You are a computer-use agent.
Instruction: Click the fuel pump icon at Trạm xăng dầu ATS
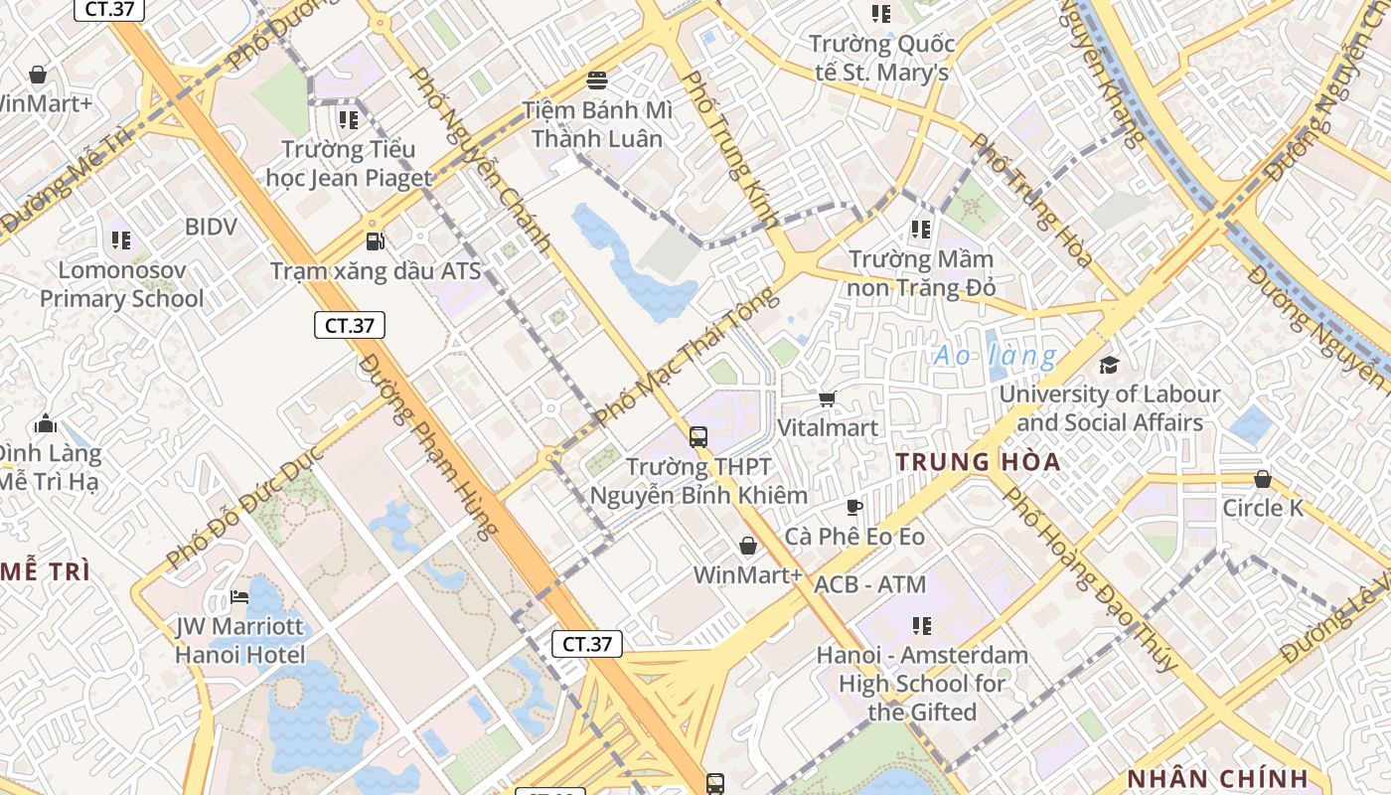375,240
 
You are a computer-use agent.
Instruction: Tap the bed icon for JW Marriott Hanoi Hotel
239,597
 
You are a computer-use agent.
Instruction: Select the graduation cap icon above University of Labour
1109,365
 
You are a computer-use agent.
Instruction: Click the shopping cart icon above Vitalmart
827,398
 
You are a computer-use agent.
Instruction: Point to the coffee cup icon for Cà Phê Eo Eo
854,508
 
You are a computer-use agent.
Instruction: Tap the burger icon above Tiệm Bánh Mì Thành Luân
597,79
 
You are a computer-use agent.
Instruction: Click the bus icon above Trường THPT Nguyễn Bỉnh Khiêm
698,436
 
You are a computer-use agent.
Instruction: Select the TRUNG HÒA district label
978,462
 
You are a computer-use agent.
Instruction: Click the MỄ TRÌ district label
45,572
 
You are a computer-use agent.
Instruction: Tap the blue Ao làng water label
995,356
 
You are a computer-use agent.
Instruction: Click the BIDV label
211,227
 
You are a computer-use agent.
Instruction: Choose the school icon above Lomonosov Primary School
121,239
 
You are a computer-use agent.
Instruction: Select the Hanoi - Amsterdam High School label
922,684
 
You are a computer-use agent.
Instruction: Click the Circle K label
1262,508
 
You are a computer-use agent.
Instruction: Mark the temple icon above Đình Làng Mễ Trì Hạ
45,424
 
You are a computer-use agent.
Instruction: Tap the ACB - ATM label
869,584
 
